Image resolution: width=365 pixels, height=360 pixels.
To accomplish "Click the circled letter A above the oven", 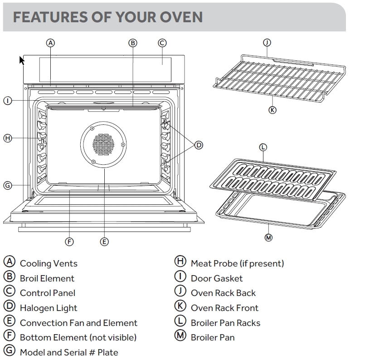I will [51, 43].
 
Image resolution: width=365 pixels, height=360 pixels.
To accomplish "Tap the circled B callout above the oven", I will [133, 43].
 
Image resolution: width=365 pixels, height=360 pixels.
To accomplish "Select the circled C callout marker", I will [162, 43].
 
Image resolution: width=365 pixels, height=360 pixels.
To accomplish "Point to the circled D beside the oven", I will [199, 145].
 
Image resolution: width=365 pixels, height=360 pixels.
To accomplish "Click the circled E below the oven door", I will [104, 242].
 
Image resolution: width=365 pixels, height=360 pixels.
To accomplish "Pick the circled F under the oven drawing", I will [69, 242].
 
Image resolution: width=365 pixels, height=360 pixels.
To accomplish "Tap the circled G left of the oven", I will [7, 185].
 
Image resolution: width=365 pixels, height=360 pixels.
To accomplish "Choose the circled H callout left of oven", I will [7, 138].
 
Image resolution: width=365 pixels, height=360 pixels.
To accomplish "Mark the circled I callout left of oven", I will [7, 100].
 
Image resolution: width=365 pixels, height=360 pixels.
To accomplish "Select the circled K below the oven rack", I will [272, 109].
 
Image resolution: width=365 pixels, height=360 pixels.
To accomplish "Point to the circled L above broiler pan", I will [263, 147].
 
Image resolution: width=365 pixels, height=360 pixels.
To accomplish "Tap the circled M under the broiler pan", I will [268, 237].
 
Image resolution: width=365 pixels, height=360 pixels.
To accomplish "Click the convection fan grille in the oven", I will [104, 145].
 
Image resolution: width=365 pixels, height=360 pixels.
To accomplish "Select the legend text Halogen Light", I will [49, 308].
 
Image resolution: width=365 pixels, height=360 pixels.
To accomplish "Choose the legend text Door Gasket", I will [216, 278].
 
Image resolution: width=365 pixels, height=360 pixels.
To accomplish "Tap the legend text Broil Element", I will [47, 278].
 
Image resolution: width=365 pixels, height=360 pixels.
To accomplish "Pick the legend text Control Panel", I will [47, 293].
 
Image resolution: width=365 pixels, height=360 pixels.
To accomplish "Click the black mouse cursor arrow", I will [21, 60].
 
